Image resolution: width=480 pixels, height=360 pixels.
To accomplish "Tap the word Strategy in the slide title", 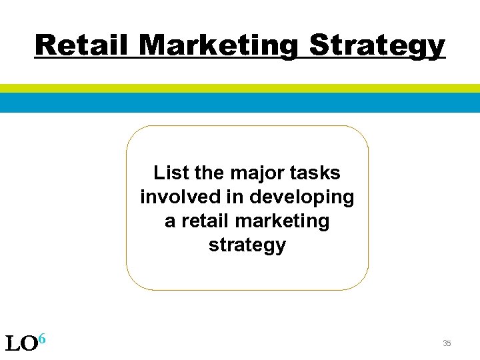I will click(x=378, y=46).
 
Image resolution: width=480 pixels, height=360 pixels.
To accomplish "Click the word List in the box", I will click(x=170, y=173).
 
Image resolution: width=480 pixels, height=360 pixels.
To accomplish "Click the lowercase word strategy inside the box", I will click(x=247, y=245).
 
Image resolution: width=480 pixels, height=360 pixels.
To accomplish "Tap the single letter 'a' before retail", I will click(x=170, y=222).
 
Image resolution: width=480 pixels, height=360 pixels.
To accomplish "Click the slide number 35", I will click(x=447, y=343).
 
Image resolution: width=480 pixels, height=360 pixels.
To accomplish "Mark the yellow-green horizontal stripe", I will click(x=240, y=88).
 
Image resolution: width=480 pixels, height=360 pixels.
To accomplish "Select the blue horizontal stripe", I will click(x=240, y=102).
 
